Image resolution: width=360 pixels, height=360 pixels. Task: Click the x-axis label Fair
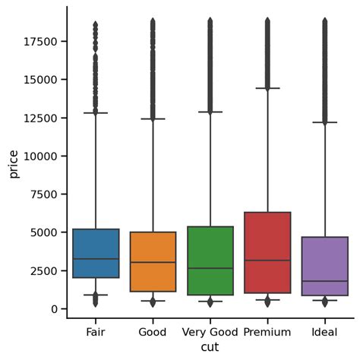click(96, 332)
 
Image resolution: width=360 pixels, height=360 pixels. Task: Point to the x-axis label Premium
click(267, 332)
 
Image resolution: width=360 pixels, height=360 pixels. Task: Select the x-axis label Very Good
click(210, 332)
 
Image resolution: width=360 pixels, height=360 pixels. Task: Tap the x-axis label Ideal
click(324, 332)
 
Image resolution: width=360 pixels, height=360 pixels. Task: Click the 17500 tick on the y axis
click(40, 41)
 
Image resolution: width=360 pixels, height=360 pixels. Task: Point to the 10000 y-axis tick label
click(40, 156)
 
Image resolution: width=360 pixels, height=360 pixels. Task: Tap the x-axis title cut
click(210, 347)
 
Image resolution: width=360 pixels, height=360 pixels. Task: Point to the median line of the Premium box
click(267, 261)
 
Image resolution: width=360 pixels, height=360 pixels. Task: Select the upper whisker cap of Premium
click(267, 88)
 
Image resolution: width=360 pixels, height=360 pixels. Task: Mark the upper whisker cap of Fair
click(96, 113)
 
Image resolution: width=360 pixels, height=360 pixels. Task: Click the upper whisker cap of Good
click(153, 118)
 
